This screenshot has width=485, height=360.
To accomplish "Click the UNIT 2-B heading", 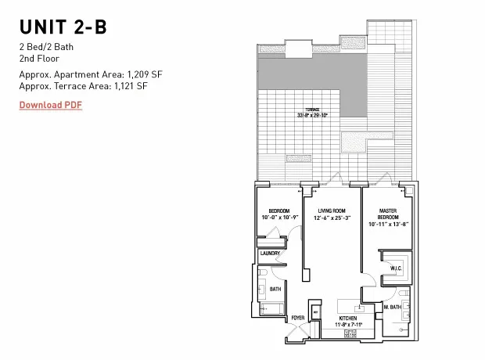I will pos(63,27).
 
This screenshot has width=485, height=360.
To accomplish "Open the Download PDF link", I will pos(50,105).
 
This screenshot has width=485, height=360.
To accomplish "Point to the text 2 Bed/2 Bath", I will pos(45,47).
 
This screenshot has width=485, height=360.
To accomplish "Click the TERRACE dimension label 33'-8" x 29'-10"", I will pos(312,115).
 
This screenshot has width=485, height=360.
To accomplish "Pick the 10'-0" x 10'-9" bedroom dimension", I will pos(278,218).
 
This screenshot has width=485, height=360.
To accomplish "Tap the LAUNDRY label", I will pos(270,254).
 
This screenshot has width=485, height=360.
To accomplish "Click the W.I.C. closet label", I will pos(396,268).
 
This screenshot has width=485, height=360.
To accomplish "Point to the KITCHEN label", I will pos(347,318).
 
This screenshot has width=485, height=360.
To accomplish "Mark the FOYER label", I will pos(298,318).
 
